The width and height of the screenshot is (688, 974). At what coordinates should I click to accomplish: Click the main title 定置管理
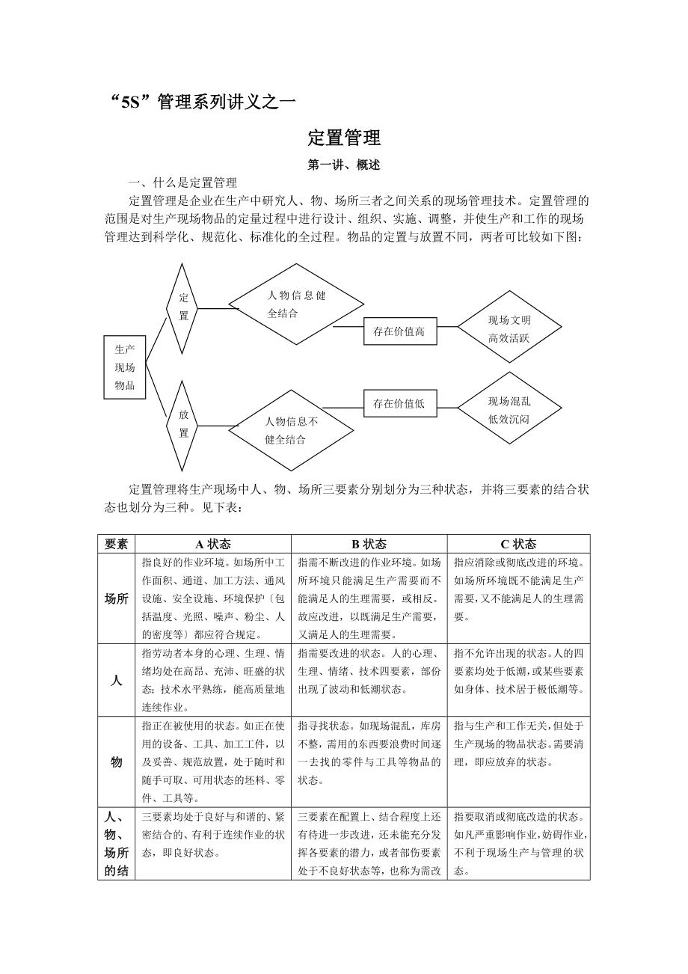coord(344,138)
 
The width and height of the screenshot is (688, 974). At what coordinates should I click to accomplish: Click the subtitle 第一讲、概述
coord(344,165)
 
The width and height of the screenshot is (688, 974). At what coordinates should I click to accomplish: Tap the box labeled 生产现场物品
coord(125,367)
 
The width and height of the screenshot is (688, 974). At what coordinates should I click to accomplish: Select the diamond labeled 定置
coord(183,307)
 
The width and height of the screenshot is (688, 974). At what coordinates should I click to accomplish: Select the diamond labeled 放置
coord(183,423)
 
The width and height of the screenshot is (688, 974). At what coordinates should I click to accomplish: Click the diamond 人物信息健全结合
coord(296,304)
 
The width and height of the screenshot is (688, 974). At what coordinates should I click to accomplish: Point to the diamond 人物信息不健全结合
coord(291,430)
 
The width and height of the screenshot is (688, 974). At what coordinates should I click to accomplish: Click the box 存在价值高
coord(399,331)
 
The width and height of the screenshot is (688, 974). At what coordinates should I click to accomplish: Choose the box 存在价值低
coord(399,403)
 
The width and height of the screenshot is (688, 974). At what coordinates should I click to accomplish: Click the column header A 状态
coord(213,544)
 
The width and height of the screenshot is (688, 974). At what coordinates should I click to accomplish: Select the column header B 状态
coord(369,544)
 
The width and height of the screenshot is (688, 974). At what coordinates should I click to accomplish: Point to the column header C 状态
coord(518,544)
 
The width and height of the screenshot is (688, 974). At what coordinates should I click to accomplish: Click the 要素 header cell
coord(116,544)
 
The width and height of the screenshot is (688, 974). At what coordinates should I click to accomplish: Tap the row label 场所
coord(116,598)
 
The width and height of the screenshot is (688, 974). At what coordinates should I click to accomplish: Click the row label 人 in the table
coord(116,680)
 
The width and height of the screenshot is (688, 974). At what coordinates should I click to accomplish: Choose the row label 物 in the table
coord(116,762)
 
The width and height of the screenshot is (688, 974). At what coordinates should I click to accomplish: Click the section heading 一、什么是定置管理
coord(183,182)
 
